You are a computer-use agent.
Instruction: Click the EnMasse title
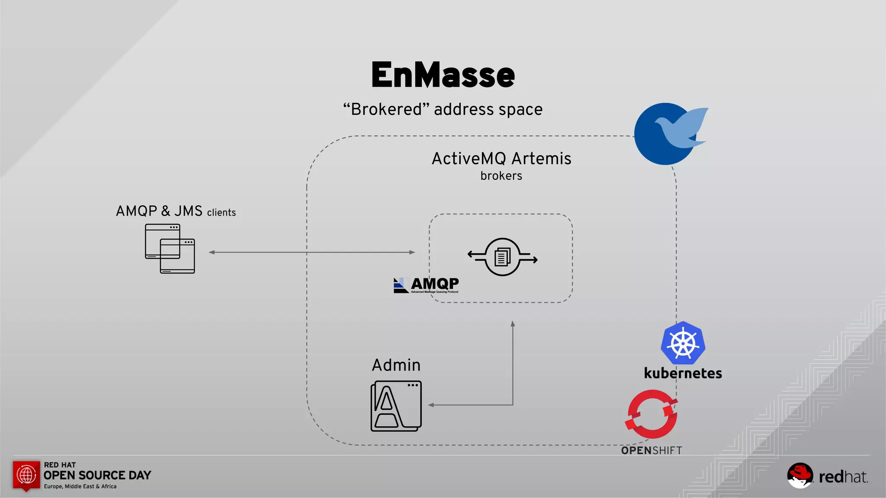click(x=443, y=75)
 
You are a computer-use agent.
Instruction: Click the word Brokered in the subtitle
click(x=386, y=109)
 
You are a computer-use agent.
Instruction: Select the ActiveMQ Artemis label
click(x=501, y=159)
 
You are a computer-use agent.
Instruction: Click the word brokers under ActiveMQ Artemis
click(x=501, y=176)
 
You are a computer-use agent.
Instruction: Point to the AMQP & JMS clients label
click(x=175, y=211)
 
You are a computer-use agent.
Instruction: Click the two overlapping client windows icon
click(x=170, y=249)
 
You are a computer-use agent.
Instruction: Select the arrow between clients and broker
click(x=311, y=252)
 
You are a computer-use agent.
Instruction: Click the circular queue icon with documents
click(x=502, y=257)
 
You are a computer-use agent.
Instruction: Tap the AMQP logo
click(x=426, y=285)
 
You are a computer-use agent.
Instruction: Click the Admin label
click(x=396, y=365)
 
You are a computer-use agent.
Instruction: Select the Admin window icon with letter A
click(x=396, y=406)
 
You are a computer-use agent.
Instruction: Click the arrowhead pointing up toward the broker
click(x=513, y=324)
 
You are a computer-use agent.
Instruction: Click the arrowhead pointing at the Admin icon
click(x=431, y=405)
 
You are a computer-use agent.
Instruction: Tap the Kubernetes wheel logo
click(x=683, y=343)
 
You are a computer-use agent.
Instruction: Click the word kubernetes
click(x=683, y=373)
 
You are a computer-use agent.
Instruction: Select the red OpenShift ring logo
click(x=652, y=414)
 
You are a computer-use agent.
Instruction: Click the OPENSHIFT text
click(x=652, y=450)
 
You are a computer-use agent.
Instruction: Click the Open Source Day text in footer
click(x=97, y=476)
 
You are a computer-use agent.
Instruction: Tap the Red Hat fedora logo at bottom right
click(x=800, y=476)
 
